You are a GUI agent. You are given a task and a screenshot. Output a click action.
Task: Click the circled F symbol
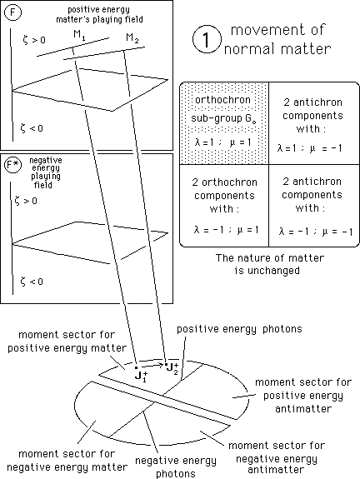point(12,12)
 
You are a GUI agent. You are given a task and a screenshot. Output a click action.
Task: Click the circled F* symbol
point(12,165)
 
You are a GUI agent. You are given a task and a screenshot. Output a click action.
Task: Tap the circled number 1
point(207,39)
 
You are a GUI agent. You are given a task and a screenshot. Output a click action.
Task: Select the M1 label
point(79,36)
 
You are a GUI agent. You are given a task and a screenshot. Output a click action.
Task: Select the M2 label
point(132,38)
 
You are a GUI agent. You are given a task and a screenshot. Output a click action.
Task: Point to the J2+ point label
point(172,368)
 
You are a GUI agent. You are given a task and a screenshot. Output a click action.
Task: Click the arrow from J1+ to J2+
point(152,365)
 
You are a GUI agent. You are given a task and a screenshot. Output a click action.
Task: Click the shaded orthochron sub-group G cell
point(224,122)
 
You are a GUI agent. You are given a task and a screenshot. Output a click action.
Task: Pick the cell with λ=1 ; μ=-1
point(314,122)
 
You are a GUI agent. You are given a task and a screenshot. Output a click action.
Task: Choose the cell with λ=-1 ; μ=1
point(224,205)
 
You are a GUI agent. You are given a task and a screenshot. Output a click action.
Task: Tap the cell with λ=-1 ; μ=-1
point(314,205)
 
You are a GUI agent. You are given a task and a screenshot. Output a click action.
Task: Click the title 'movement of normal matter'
point(277,39)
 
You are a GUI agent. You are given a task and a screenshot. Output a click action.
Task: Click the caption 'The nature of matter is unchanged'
point(270,264)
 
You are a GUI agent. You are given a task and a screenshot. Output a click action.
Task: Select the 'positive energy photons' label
point(239,329)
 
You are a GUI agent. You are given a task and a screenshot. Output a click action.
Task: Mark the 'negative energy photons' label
point(175,467)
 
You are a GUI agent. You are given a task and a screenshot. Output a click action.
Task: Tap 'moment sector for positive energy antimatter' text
point(303,396)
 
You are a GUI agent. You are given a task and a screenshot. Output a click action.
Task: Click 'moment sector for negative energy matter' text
point(67,461)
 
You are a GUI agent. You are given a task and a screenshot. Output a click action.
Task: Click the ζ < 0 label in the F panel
point(32,128)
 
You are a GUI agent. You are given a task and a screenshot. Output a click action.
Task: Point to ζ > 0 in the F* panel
point(26,201)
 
